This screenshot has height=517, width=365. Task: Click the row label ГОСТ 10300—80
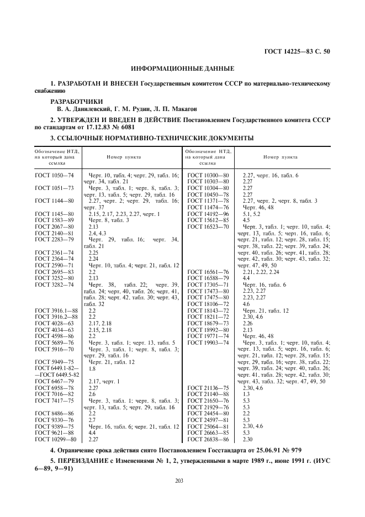tap(208, 175)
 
